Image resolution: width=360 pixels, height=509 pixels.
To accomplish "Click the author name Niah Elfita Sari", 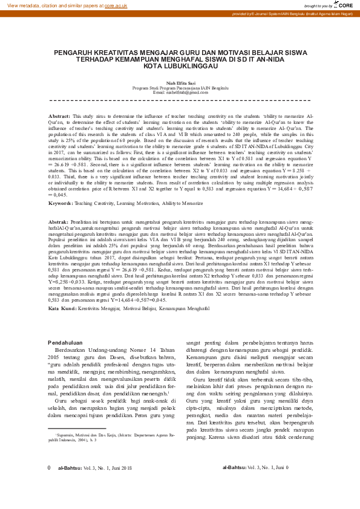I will [180, 83].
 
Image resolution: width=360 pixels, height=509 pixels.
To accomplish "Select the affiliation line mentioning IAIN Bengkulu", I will [180, 88].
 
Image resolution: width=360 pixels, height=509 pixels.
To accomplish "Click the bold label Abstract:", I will [59, 115].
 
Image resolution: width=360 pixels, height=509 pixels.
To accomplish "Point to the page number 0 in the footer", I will [49, 485].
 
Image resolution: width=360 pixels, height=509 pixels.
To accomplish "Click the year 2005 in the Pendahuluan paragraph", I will [55, 356].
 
